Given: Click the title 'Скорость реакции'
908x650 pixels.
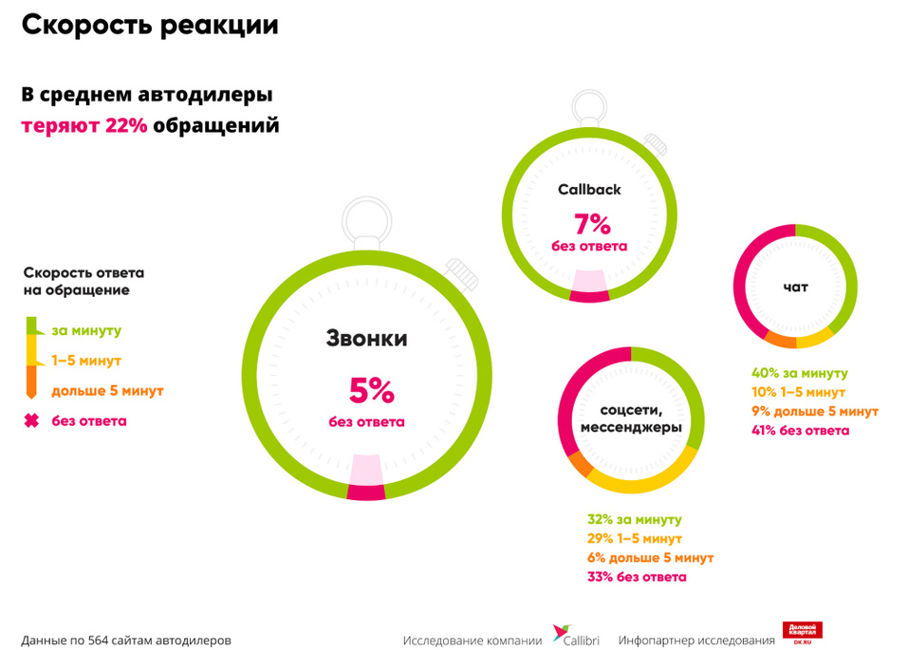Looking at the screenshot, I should tap(150, 26).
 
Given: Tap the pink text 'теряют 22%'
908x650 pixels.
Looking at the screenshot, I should tap(84, 126).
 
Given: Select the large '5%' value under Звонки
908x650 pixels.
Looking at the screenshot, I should tap(366, 390).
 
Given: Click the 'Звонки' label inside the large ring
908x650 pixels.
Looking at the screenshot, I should tap(366, 339).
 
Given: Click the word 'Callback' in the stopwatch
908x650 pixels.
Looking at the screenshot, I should tap(589, 189).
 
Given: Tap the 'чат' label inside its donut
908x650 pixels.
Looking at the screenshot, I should tap(795, 287).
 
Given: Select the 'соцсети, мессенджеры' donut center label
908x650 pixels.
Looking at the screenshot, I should tap(630, 418).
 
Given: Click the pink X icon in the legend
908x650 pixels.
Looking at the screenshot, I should tap(31, 420).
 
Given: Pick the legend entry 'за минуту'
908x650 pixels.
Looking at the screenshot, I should tap(86, 330).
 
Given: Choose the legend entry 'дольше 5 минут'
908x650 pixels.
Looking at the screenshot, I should tap(107, 391).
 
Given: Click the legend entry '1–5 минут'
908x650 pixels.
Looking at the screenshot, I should tap(86, 361).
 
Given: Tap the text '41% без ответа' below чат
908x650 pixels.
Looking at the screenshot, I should tap(800, 431).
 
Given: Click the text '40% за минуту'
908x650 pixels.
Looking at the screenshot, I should tap(799, 374).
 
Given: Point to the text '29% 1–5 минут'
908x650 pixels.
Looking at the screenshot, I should tap(635, 539).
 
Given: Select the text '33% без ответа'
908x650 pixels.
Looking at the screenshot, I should tap(637, 577).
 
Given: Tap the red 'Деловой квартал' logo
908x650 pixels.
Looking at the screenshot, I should tap(802, 633).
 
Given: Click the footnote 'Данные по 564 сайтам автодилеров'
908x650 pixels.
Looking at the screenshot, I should tap(125, 641).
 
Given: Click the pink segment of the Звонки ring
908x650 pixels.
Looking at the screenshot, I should tap(366, 491).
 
